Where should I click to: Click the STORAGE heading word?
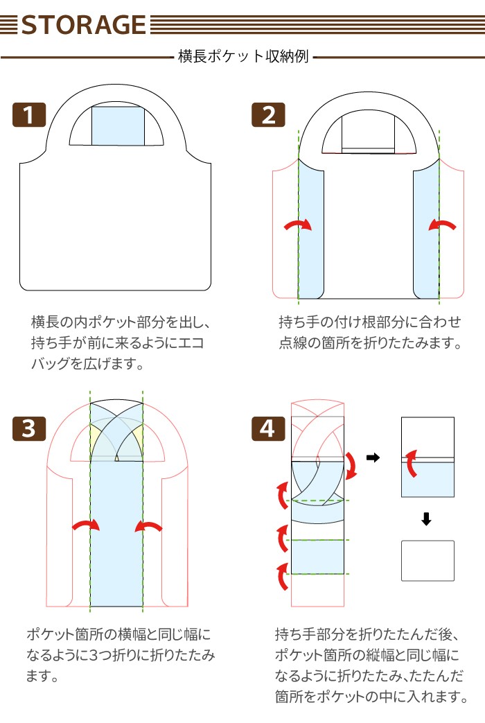pos(84,25)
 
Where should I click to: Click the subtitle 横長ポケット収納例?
pos(243,56)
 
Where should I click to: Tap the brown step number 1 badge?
pos(29,114)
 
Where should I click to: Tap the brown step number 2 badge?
pos(268,114)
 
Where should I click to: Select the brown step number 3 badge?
pos(29,428)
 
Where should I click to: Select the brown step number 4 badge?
pos(268,428)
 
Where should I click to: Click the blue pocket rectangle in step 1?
pos(118,126)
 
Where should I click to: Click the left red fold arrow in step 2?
pos(299,224)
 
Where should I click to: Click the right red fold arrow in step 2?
pos(442,224)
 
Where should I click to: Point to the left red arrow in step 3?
pos(86,524)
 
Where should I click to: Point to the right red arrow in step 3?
pos(148,525)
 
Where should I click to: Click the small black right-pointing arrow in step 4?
pos(373,458)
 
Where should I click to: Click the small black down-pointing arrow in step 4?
pos(426,519)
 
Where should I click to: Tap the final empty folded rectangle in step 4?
pos(427,561)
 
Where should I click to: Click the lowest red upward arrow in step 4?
pos(282,576)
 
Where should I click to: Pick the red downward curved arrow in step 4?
pos(352,466)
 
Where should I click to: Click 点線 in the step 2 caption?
pos(293,343)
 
